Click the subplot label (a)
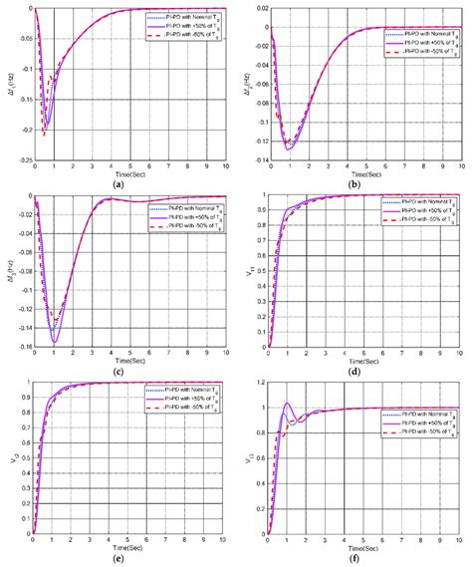tap(119, 183)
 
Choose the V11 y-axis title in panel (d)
tap(248, 271)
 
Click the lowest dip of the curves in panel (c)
tap(54, 343)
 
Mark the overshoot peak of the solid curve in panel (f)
tap(289, 403)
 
